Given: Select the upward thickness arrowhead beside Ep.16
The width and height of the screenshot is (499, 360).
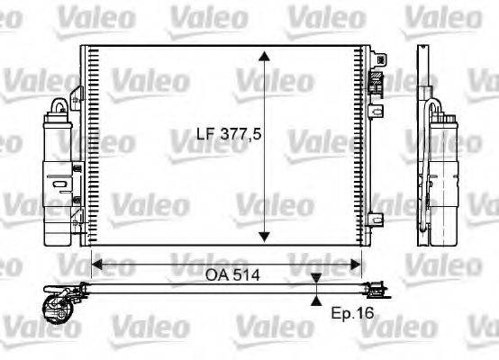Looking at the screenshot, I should click(316, 301).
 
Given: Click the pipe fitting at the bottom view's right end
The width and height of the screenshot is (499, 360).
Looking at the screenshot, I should click(379, 289).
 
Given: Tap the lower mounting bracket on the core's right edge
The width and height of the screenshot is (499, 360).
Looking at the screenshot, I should click(377, 216).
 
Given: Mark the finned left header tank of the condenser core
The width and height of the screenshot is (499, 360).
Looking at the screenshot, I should click(88, 144).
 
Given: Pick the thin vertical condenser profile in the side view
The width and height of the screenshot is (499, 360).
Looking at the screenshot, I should click(422, 144).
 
